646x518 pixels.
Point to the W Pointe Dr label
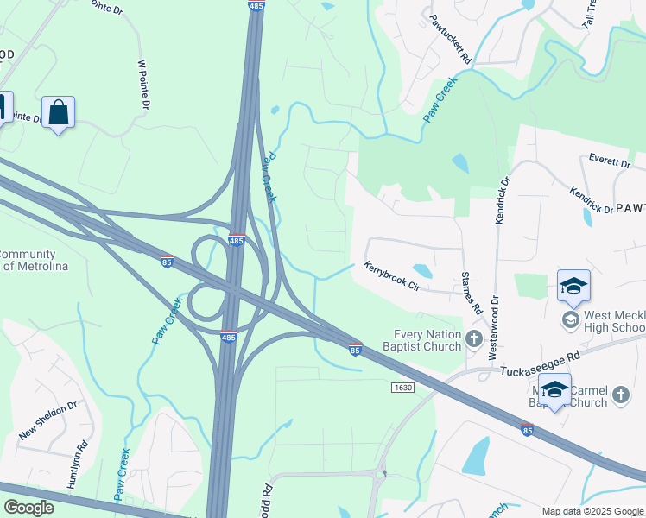click(x=144, y=85)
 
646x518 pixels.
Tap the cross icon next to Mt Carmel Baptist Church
click(x=620, y=395)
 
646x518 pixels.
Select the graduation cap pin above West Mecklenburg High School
click(x=573, y=287)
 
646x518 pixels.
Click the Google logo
click(x=28, y=508)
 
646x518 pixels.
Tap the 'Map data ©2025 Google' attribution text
click(x=591, y=511)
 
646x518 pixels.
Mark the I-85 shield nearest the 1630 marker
click(x=355, y=350)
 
